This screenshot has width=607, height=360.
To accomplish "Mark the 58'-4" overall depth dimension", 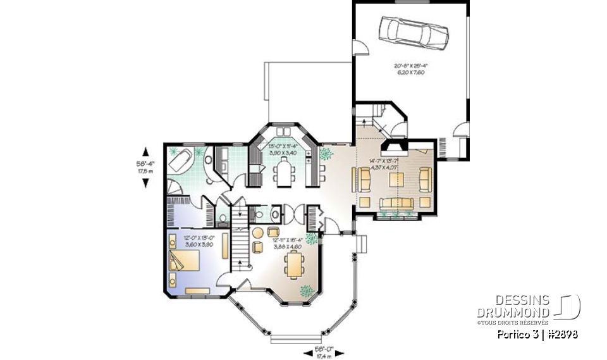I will (x=146, y=167).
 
